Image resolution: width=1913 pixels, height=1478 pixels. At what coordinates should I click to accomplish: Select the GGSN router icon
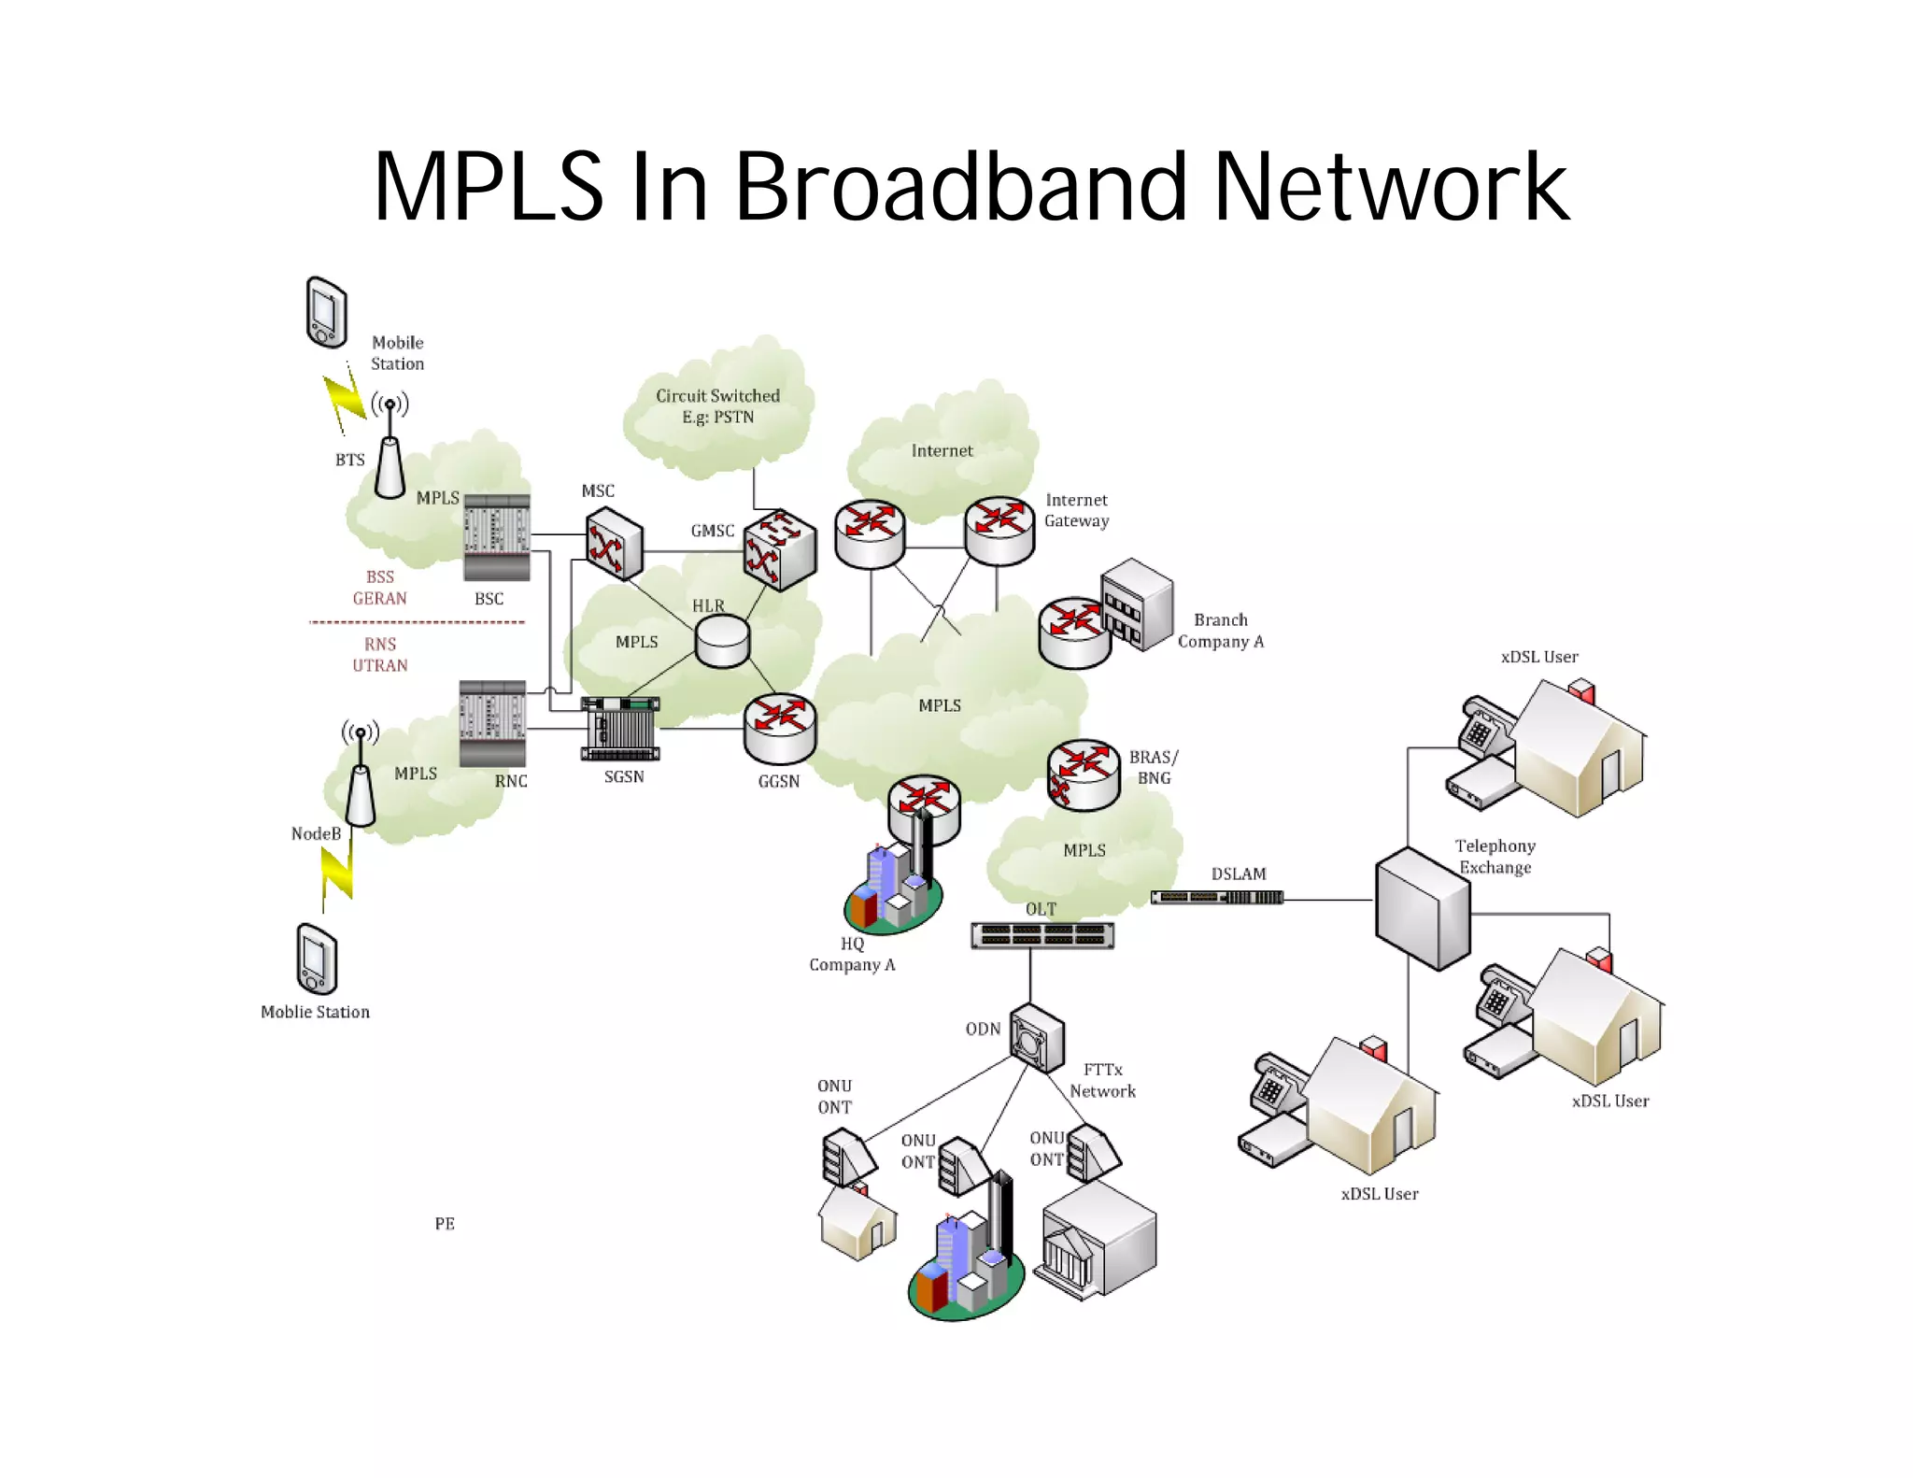pyautogui.click(x=780, y=730)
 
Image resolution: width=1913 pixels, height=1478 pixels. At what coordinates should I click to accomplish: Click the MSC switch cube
pyautogui.click(x=614, y=544)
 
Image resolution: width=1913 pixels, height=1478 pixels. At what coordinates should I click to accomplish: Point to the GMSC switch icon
pyautogui.click(x=780, y=549)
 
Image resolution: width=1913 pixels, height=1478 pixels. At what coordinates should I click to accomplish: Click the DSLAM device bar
pyautogui.click(x=1217, y=898)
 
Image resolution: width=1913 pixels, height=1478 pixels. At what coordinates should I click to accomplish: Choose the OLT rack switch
pyautogui.click(x=1042, y=934)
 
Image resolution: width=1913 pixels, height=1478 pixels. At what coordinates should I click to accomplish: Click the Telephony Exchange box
pyautogui.click(x=1422, y=908)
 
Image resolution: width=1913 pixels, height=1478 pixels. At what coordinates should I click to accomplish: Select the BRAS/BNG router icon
pyautogui.click(x=1083, y=775)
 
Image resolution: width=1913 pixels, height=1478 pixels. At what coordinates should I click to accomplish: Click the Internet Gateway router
pyautogui.click(x=999, y=531)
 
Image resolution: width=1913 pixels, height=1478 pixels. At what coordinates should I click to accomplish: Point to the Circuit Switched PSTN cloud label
pyautogui.click(x=717, y=406)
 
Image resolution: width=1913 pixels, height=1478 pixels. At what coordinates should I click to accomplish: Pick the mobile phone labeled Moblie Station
pyautogui.click(x=317, y=959)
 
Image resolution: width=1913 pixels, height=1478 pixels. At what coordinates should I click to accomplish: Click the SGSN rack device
pyautogui.click(x=621, y=729)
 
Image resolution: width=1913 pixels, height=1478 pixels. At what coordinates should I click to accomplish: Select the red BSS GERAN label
pyautogui.click(x=379, y=588)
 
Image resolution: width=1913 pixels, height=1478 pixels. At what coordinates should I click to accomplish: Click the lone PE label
pyautogui.click(x=445, y=1224)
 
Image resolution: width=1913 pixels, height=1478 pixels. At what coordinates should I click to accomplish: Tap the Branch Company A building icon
pyautogui.click(x=1136, y=604)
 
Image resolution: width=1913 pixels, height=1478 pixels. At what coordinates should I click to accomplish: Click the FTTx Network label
pyautogui.click(x=1102, y=1080)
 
